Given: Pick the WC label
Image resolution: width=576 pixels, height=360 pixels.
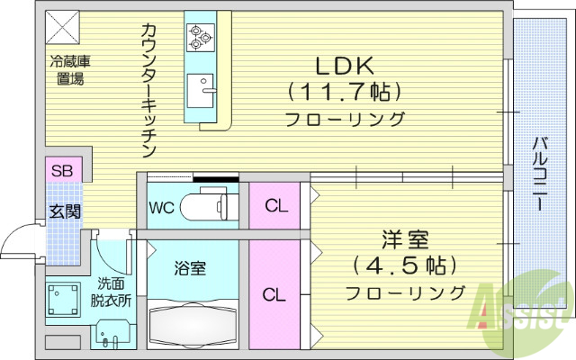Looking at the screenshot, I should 162,206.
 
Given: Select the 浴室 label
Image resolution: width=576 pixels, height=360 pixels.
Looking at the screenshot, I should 191,268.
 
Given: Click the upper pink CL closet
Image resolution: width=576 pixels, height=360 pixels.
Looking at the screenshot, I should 276,206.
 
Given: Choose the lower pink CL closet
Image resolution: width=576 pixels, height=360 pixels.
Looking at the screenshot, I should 276,294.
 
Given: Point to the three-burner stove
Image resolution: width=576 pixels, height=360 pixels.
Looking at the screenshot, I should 199,37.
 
